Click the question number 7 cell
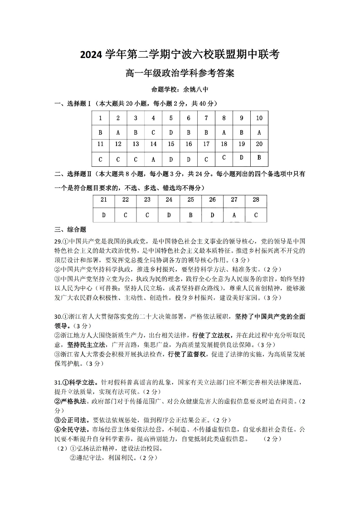tap(206, 118)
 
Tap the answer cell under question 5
tap(171, 133)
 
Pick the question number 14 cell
tap(153, 144)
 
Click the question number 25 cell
tap(190, 199)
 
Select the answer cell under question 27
tap(234, 215)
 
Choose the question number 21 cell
tap(104, 199)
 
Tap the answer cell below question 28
tap(256, 215)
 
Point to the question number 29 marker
tap(58, 241)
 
